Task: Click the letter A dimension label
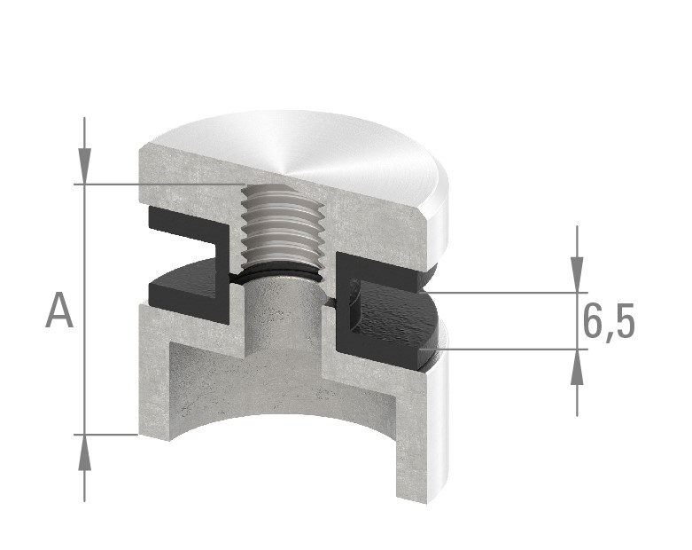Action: [x=59, y=311]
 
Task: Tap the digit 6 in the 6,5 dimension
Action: [x=594, y=321]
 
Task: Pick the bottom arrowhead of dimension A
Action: [x=84, y=455]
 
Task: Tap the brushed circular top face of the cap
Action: [x=319, y=151]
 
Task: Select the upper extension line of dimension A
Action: [x=159, y=185]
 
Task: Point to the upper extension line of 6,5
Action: [x=505, y=292]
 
